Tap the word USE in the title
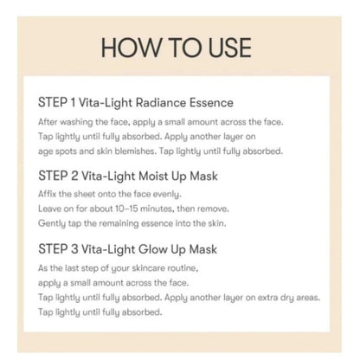click(230, 48)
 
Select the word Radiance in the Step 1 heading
click(161, 103)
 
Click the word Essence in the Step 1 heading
click(211, 103)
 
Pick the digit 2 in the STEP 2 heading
click(74, 176)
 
